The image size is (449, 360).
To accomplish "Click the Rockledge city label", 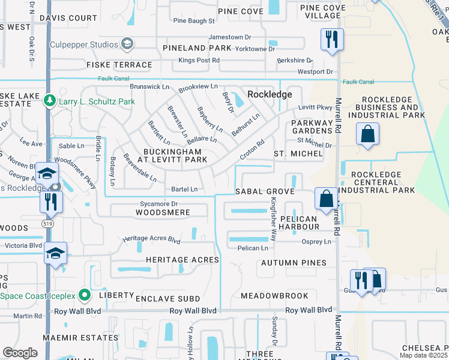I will click(x=270, y=94).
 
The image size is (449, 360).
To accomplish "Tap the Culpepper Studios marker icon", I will click(x=127, y=43).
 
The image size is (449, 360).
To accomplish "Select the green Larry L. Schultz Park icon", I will click(x=50, y=101).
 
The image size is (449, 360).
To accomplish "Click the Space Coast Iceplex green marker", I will click(x=85, y=295).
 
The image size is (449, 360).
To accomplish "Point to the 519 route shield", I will click(x=47, y=223).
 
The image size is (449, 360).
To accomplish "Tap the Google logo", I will click(x=20, y=353).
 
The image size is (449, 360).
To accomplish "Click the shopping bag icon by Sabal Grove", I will click(x=326, y=199).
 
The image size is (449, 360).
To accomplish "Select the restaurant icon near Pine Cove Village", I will click(x=331, y=40).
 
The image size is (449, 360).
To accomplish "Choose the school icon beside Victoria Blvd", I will click(x=55, y=253).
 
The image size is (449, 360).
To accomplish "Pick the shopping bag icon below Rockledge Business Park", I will click(x=367, y=134).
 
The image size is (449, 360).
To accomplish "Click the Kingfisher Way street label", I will click(x=273, y=211).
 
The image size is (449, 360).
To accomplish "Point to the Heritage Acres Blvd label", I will click(x=151, y=239).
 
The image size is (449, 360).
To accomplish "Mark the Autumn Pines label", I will click(x=294, y=263).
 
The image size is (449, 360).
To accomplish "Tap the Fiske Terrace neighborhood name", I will click(x=119, y=65).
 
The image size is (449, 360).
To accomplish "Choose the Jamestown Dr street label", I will click(x=229, y=37).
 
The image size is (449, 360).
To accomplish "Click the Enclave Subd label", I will click(x=163, y=298).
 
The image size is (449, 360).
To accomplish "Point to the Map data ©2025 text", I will click(x=424, y=355).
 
